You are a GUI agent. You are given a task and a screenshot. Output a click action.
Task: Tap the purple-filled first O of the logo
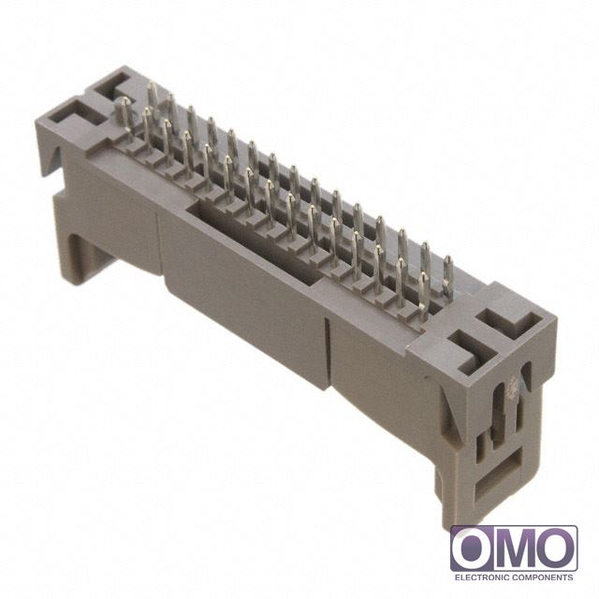point(473,549)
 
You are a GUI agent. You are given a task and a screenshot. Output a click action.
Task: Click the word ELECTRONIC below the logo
point(481,577)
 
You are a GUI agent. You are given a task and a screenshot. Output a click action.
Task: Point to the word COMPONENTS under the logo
point(543,577)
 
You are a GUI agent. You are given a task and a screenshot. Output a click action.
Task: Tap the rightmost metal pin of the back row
point(448,276)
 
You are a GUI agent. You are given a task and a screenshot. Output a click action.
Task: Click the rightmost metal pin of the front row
point(424,297)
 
